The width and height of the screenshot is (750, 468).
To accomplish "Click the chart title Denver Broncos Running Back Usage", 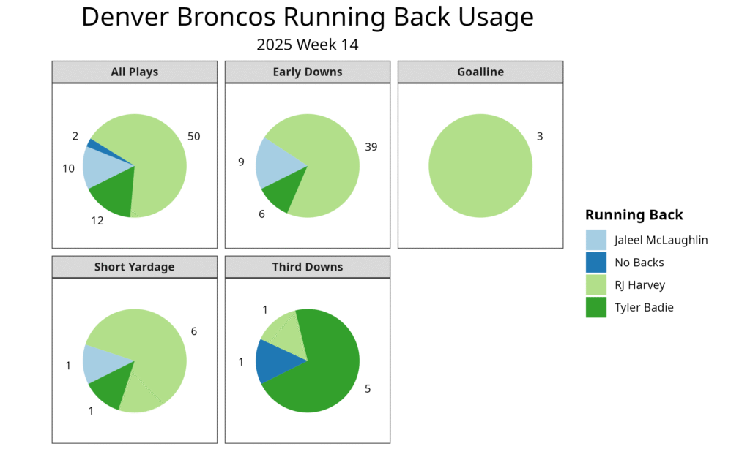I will pos(308,18).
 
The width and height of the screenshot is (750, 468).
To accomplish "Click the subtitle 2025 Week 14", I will pos(308,45).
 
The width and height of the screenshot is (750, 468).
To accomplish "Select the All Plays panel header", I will pos(134,72).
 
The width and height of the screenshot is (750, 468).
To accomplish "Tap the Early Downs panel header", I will pos(308,72).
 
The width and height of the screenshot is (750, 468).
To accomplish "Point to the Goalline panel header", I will pos(480,72).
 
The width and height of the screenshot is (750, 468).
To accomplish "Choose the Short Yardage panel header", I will pos(134,267).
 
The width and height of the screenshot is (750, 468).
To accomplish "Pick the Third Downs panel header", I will pos(308,267).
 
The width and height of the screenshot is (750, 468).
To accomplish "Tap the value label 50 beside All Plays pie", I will pos(193,137).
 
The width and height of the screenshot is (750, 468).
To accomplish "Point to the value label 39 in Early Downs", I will pos(371,147).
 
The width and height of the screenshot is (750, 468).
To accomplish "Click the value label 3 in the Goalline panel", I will pos(540,137).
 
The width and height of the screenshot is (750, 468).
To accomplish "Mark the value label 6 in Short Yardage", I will pos(194,331).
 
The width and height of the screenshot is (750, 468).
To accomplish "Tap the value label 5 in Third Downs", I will pos(368,389).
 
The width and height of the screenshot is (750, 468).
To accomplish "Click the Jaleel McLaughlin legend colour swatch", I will pos(596,240).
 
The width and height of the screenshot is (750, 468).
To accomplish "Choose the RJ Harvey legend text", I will pos(639,285).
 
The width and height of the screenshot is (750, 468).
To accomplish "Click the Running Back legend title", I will pos(634,215).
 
